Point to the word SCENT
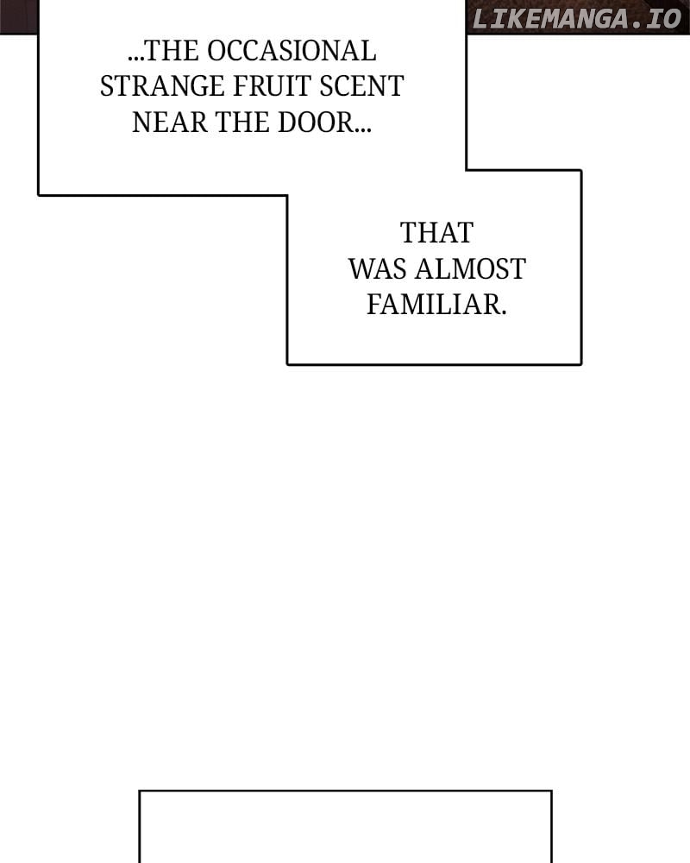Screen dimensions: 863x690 (362, 87)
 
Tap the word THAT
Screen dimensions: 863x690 (436, 233)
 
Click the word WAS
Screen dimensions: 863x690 (378, 269)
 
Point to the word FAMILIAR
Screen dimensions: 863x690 (433, 305)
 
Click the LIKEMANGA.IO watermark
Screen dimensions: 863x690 (577, 18)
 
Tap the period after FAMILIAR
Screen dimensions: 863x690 (502, 312)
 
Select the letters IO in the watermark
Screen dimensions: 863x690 (664, 18)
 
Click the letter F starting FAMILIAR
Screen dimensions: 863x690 (373, 305)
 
